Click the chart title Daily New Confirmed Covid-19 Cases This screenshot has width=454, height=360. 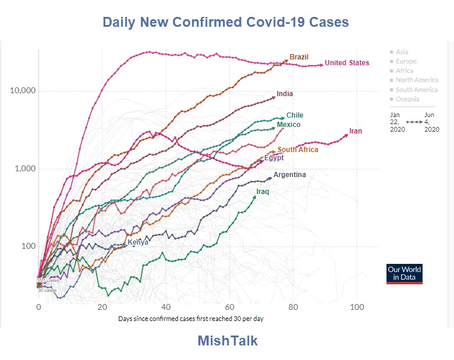click(x=226, y=23)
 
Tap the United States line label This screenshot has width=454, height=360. click(x=347, y=63)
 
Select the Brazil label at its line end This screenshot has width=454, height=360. click(x=299, y=57)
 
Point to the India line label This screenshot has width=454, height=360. click(x=285, y=94)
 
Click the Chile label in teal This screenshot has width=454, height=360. click(x=295, y=115)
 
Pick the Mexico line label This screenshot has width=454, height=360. click(x=289, y=125)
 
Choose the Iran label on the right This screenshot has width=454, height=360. click(x=356, y=131)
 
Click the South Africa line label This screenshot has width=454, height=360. click(x=298, y=150)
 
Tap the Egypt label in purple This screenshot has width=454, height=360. click(x=274, y=158)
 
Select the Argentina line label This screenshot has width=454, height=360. click(x=289, y=175)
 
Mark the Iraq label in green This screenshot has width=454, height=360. click(x=263, y=191)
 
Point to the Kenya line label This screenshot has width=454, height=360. click(x=138, y=242)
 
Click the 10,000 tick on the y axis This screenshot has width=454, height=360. click(x=23, y=91)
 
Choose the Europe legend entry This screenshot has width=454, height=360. click(x=406, y=61)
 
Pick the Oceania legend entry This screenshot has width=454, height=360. click(x=407, y=99)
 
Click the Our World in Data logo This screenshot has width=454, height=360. click(x=405, y=274)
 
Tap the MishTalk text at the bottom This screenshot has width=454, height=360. click(x=227, y=340)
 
